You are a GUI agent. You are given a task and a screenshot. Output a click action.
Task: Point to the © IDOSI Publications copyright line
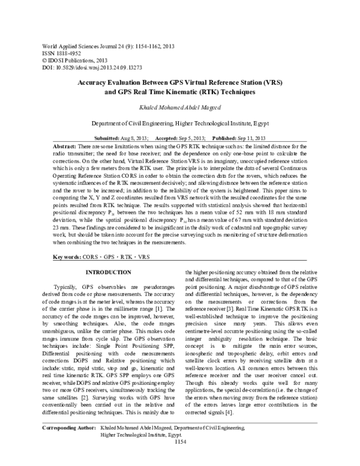[x=71, y=61]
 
